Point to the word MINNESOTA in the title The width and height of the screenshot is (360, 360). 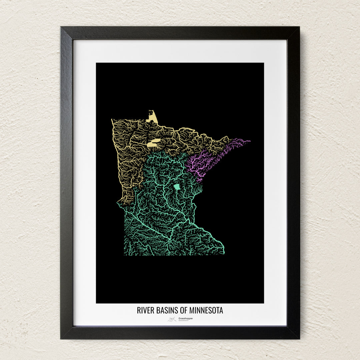206,310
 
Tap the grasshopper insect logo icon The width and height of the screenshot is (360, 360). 172,319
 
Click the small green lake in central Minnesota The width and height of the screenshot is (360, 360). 177,187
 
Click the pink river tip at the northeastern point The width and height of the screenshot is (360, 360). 249,141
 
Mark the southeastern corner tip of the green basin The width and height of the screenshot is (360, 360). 224,252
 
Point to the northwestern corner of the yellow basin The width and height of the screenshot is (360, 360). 112,120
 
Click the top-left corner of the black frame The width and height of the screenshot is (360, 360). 61,28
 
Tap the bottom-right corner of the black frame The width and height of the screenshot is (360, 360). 299,338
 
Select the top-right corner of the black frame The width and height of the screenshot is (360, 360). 299,28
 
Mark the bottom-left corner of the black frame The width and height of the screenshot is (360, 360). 61,338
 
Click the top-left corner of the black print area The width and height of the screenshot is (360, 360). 97,63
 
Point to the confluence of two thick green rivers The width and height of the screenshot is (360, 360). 170,239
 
